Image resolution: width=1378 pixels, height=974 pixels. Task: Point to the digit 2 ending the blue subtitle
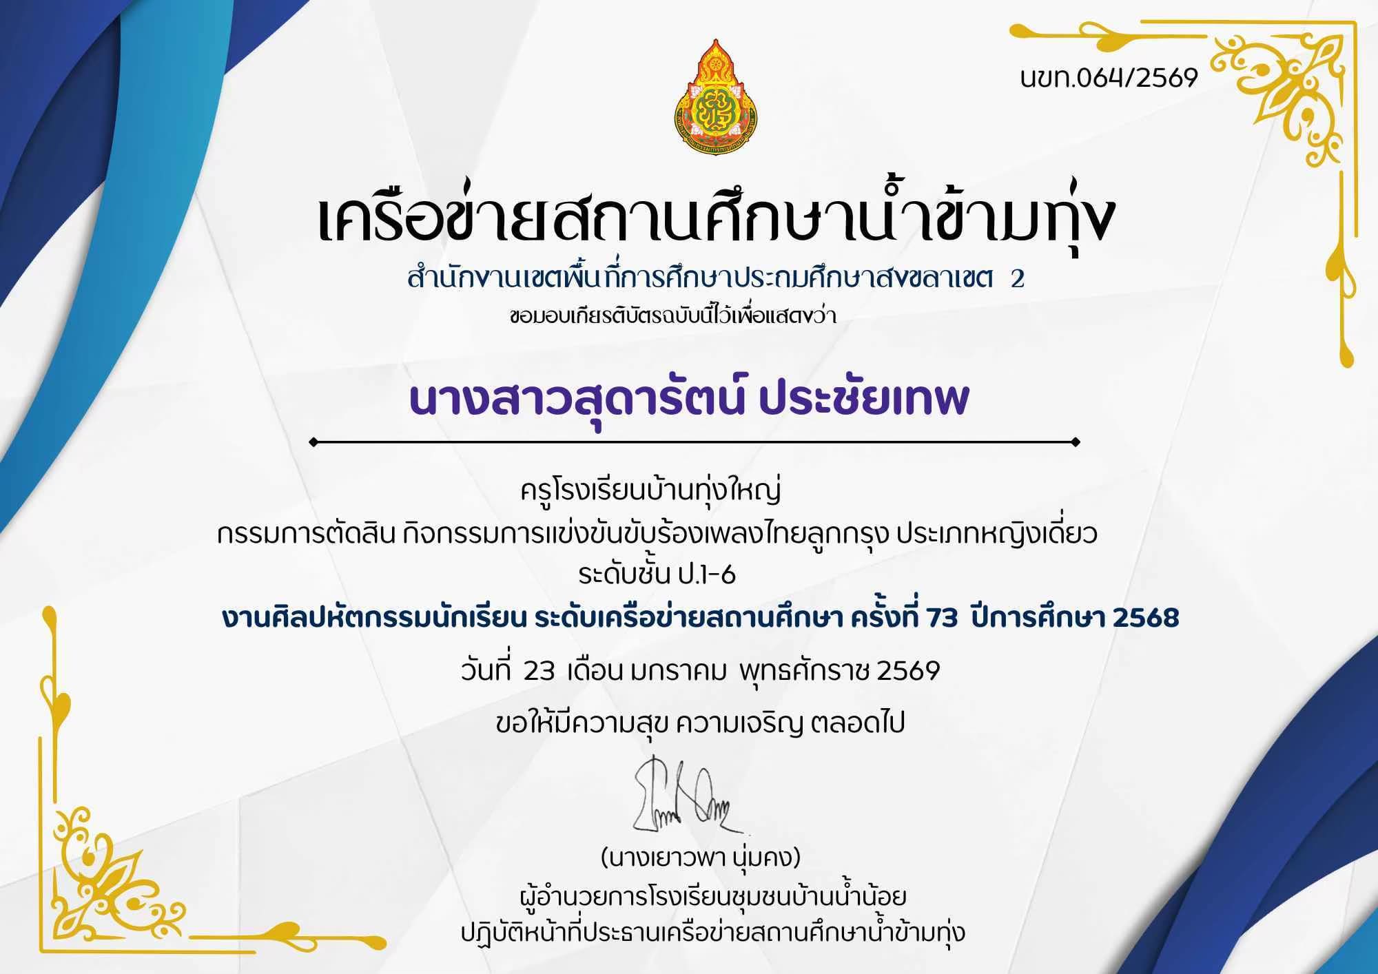(1017, 279)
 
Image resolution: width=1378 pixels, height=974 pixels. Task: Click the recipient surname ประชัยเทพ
(864, 399)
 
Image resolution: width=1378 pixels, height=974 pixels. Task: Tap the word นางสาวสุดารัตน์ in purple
(576, 400)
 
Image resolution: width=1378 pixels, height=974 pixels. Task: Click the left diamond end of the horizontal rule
(314, 442)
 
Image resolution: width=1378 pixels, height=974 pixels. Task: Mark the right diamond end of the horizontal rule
(1076, 442)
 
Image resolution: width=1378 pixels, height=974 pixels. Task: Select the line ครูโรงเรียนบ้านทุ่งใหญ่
(651, 492)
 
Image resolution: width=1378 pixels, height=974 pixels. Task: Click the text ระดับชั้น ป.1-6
(657, 573)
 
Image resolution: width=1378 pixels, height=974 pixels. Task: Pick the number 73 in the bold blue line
(943, 619)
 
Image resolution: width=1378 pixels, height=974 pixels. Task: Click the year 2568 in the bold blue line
(1146, 619)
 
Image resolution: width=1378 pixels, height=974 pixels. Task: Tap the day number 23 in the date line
(539, 671)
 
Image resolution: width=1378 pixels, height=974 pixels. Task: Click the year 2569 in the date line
(907, 671)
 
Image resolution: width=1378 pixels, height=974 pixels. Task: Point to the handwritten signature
(685, 796)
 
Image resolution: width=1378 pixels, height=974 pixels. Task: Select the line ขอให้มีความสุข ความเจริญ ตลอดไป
(700, 723)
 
